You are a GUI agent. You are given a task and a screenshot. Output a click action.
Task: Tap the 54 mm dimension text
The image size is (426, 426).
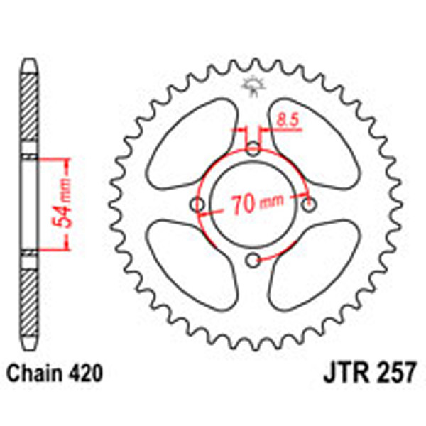coord(62,203)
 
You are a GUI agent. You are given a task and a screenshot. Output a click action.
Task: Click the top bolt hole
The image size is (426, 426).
coord(253,149)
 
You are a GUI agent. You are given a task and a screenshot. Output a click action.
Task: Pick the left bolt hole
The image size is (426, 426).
coord(199,205)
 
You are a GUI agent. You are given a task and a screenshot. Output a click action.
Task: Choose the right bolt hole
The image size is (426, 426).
coord(308,205)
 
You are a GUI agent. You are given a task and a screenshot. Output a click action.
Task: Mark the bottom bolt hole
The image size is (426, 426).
coord(253,261)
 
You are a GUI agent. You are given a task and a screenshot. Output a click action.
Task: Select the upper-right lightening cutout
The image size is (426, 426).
coord(315,143)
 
